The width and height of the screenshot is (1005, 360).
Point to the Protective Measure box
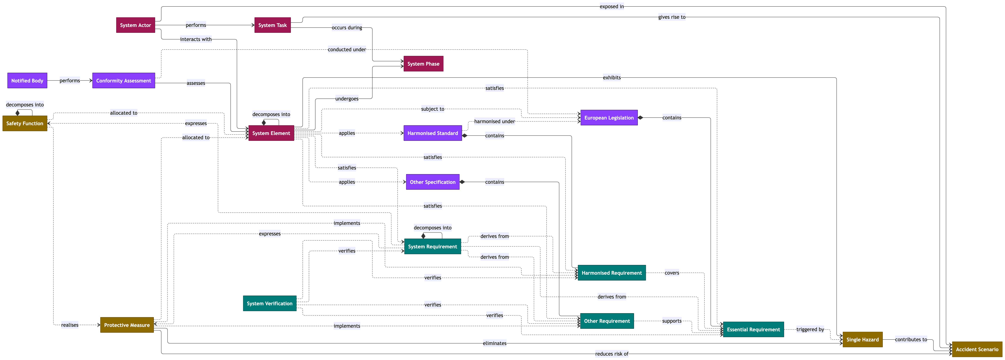click(x=127, y=325)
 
